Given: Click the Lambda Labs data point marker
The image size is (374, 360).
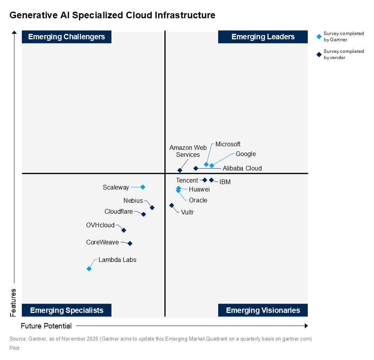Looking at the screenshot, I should click(89, 269).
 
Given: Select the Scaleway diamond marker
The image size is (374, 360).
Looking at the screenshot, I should click(143, 187).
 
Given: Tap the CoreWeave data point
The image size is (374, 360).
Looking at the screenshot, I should click(130, 243).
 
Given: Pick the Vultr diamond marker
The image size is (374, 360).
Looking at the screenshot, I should click(171, 205).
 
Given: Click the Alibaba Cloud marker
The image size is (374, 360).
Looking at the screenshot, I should click(196, 168).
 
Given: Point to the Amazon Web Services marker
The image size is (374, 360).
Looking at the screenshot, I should click(180, 170).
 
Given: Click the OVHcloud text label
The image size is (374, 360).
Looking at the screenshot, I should click(101, 225).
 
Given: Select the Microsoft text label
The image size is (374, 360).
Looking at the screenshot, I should click(228, 144).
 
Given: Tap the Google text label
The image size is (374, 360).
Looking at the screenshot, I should click(246, 154).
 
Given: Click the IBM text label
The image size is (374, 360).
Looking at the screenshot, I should click(225, 182).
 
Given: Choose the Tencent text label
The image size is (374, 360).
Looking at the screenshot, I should click(187, 180).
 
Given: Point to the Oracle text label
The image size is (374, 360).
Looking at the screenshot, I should click(198, 200).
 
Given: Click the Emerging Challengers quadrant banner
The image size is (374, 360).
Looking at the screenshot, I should click(67, 37).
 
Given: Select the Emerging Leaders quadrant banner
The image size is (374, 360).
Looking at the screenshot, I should click(263, 37).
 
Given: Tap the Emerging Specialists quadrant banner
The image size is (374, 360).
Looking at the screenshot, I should click(67, 310).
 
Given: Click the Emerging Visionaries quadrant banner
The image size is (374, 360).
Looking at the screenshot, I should click(263, 310).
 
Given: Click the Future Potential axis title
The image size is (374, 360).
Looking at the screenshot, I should click(46, 326).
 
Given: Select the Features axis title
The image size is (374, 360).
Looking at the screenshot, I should click(13, 302).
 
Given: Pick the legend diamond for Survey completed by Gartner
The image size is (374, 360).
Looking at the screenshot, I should click(319, 37).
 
